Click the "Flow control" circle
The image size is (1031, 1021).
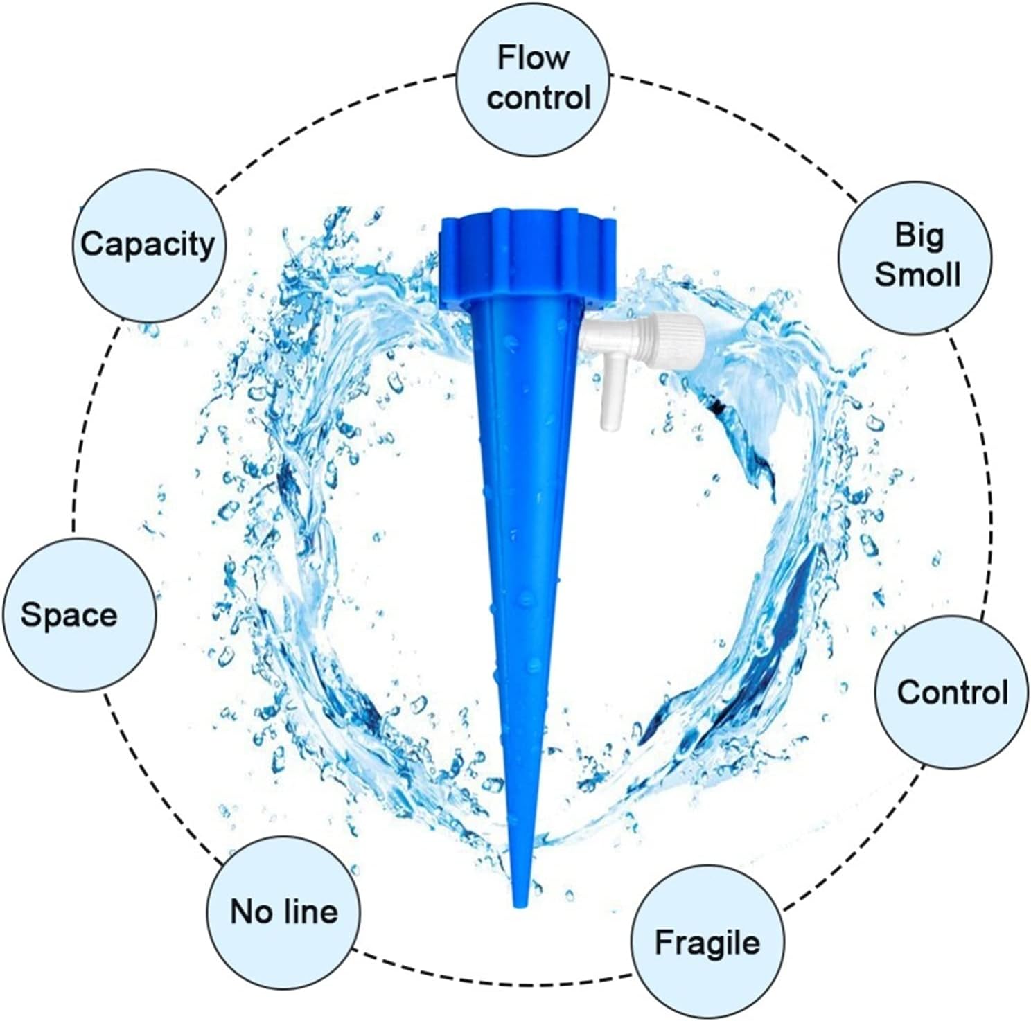click(534, 78)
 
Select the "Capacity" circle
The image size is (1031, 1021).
click(148, 245)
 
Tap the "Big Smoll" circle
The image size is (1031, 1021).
click(916, 255)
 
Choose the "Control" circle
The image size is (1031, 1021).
click(952, 691)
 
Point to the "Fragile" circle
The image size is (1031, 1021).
click(707, 943)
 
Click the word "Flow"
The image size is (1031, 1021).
click(533, 57)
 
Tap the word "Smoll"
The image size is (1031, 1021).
click(917, 274)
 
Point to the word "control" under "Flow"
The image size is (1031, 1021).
click(538, 96)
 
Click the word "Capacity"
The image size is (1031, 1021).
click(148, 245)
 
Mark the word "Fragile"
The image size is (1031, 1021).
click(707, 943)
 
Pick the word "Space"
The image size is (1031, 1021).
click(69, 614)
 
